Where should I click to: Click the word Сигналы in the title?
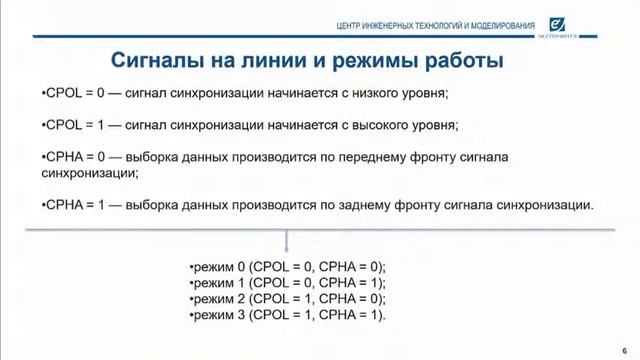[152, 59]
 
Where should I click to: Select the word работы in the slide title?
[462, 59]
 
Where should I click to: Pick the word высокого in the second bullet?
[380, 125]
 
